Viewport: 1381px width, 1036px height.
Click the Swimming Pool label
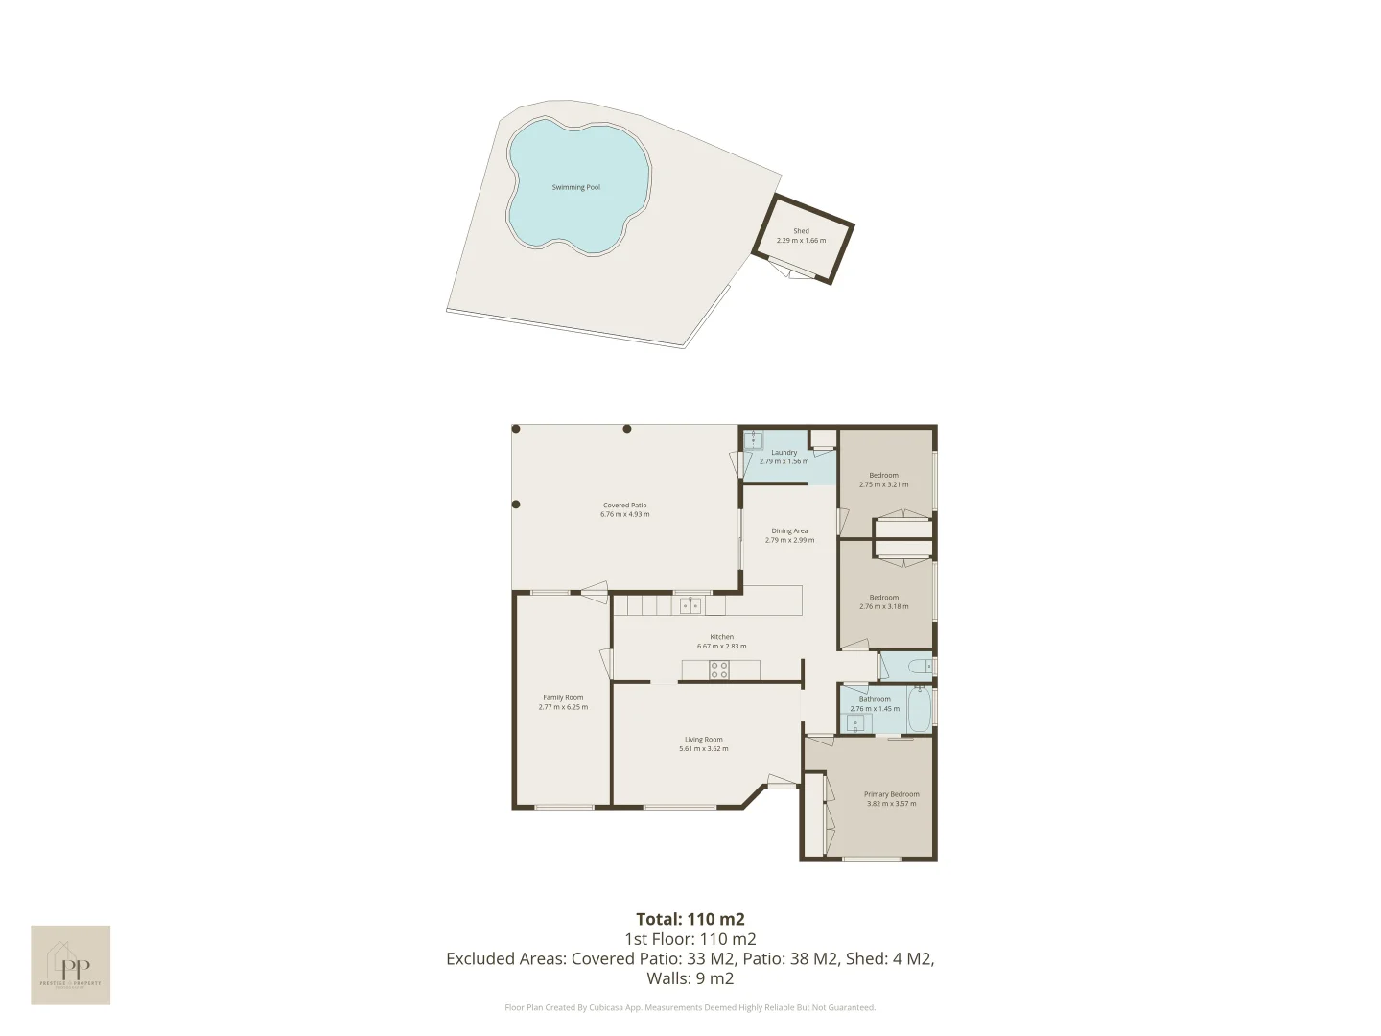[x=575, y=187]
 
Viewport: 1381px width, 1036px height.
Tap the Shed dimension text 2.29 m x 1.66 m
[x=801, y=240]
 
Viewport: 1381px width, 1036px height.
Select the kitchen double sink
[x=690, y=605]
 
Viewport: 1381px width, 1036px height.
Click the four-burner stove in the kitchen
[x=719, y=670]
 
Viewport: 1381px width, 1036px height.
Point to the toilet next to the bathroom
[x=917, y=666]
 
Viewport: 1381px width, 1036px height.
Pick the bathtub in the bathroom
[x=919, y=710]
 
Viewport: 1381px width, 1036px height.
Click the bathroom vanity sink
[x=853, y=722]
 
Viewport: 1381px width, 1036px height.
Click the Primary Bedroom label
[x=891, y=794]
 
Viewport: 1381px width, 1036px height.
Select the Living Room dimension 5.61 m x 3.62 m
[x=703, y=748]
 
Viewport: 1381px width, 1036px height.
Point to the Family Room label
[x=563, y=697]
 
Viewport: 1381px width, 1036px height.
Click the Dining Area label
[x=789, y=530]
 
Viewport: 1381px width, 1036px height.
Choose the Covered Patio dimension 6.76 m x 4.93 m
[x=624, y=514]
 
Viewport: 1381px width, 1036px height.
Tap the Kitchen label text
[x=721, y=637]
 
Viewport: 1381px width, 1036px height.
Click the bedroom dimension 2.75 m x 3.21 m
[x=883, y=484]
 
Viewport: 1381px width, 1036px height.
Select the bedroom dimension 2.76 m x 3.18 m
[x=883, y=606]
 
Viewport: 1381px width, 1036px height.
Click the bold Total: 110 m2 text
[x=690, y=919]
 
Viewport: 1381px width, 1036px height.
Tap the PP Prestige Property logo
[x=70, y=965]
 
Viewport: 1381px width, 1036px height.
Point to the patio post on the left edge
[x=516, y=505]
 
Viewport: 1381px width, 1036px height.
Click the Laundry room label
[x=784, y=452]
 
